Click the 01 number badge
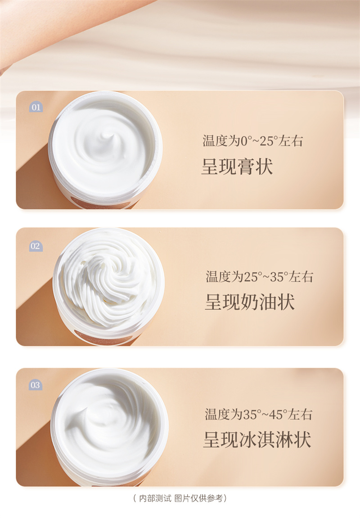[x=36, y=107]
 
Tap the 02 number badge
[x=35, y=246]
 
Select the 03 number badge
[x=35, y=385]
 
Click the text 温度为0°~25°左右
[x=253, y=141]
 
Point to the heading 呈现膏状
[x=237, y=166]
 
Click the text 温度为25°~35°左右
[x=259, y=277]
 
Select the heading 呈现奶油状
[x=250, y=302]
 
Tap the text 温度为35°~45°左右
[x=258, y=414]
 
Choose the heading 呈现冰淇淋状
[x=257, y=439]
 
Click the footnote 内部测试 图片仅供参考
[x=180, y=498]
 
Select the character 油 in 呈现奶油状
[x=268, y=302]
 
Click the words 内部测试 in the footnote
[x=155, y=498]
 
